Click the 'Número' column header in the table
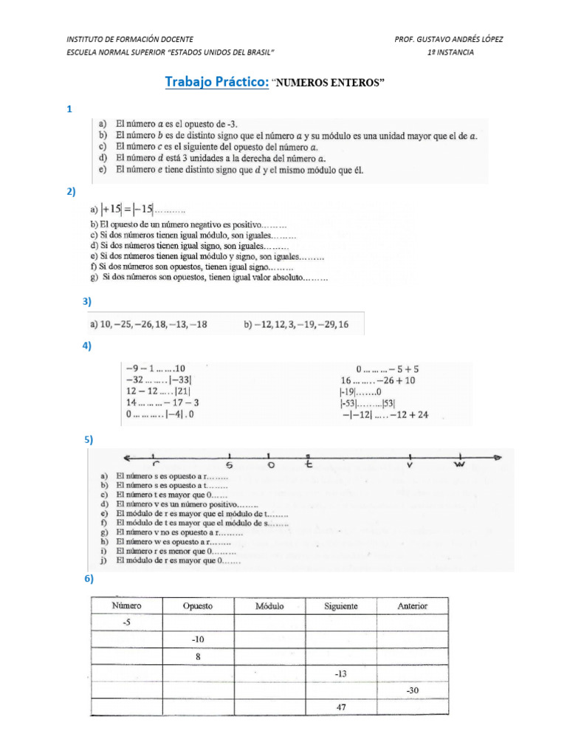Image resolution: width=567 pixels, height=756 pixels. click(x=126, y=605)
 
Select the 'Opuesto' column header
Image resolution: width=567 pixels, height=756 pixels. click(x=198, y=605)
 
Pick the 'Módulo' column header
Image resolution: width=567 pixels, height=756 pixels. click(x=269, y=605)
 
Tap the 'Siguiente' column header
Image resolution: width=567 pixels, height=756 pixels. click(x=340, y=605)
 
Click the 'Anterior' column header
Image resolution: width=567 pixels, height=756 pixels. click(x=412, y=605)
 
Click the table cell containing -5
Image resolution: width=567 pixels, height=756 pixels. click(x=126, y=622)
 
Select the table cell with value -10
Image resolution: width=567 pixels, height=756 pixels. click(x=198, y=639)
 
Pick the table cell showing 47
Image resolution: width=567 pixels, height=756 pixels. click(x=340, y=707)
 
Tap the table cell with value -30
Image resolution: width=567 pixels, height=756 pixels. click(x=412, y=690)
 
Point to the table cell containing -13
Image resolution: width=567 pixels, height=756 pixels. click(x=340, y=673)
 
